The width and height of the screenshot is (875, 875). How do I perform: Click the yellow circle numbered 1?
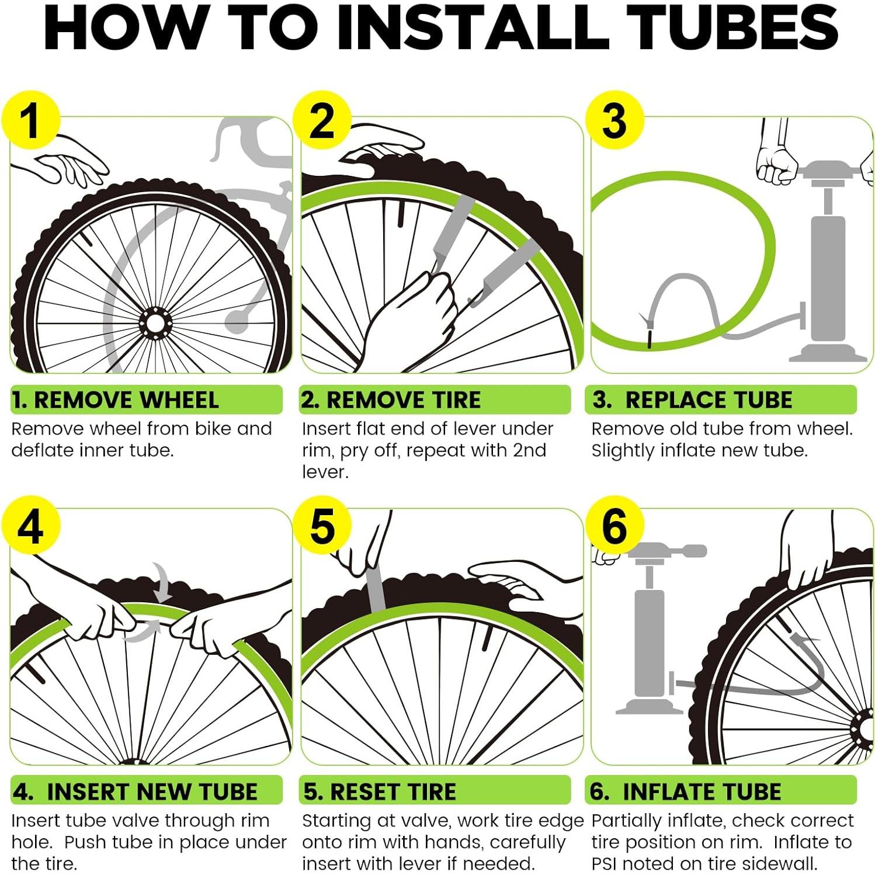tap(31, 120)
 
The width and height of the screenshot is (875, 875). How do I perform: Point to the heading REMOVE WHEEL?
tap(126, 400)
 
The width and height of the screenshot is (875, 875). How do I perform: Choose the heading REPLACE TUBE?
tap(709, 400)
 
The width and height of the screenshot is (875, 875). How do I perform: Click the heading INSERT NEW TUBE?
tap(152, 792)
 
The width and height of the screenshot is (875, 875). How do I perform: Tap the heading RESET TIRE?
tap(393, 792)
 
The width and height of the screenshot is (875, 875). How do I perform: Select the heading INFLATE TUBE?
tap(702, 792)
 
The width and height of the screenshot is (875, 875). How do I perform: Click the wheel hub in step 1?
tap(155, 323)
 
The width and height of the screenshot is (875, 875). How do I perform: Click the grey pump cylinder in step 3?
tap(828, 278)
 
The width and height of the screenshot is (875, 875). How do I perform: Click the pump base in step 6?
tap(650, 706)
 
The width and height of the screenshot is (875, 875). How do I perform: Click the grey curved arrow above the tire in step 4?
tap(162, 582)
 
